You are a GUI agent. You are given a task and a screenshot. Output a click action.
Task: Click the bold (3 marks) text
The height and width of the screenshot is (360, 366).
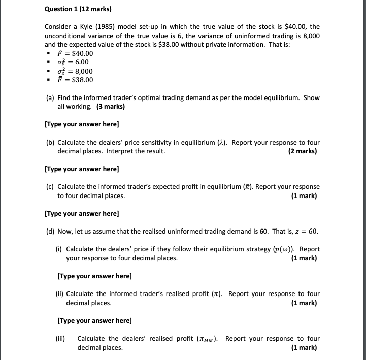[x=111, y=107]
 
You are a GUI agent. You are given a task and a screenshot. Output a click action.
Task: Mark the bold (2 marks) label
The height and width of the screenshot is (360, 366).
[x=304, y=151]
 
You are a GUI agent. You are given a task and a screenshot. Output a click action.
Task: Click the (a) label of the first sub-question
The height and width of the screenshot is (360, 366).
[x=50, y=98]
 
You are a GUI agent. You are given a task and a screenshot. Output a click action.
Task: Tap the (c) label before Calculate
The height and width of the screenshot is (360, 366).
[x=50, y=187]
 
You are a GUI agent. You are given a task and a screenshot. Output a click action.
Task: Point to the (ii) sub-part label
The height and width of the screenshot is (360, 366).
[x=59, y=294]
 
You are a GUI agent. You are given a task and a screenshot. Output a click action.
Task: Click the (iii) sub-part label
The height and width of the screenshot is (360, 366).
[x=60, y=339]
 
